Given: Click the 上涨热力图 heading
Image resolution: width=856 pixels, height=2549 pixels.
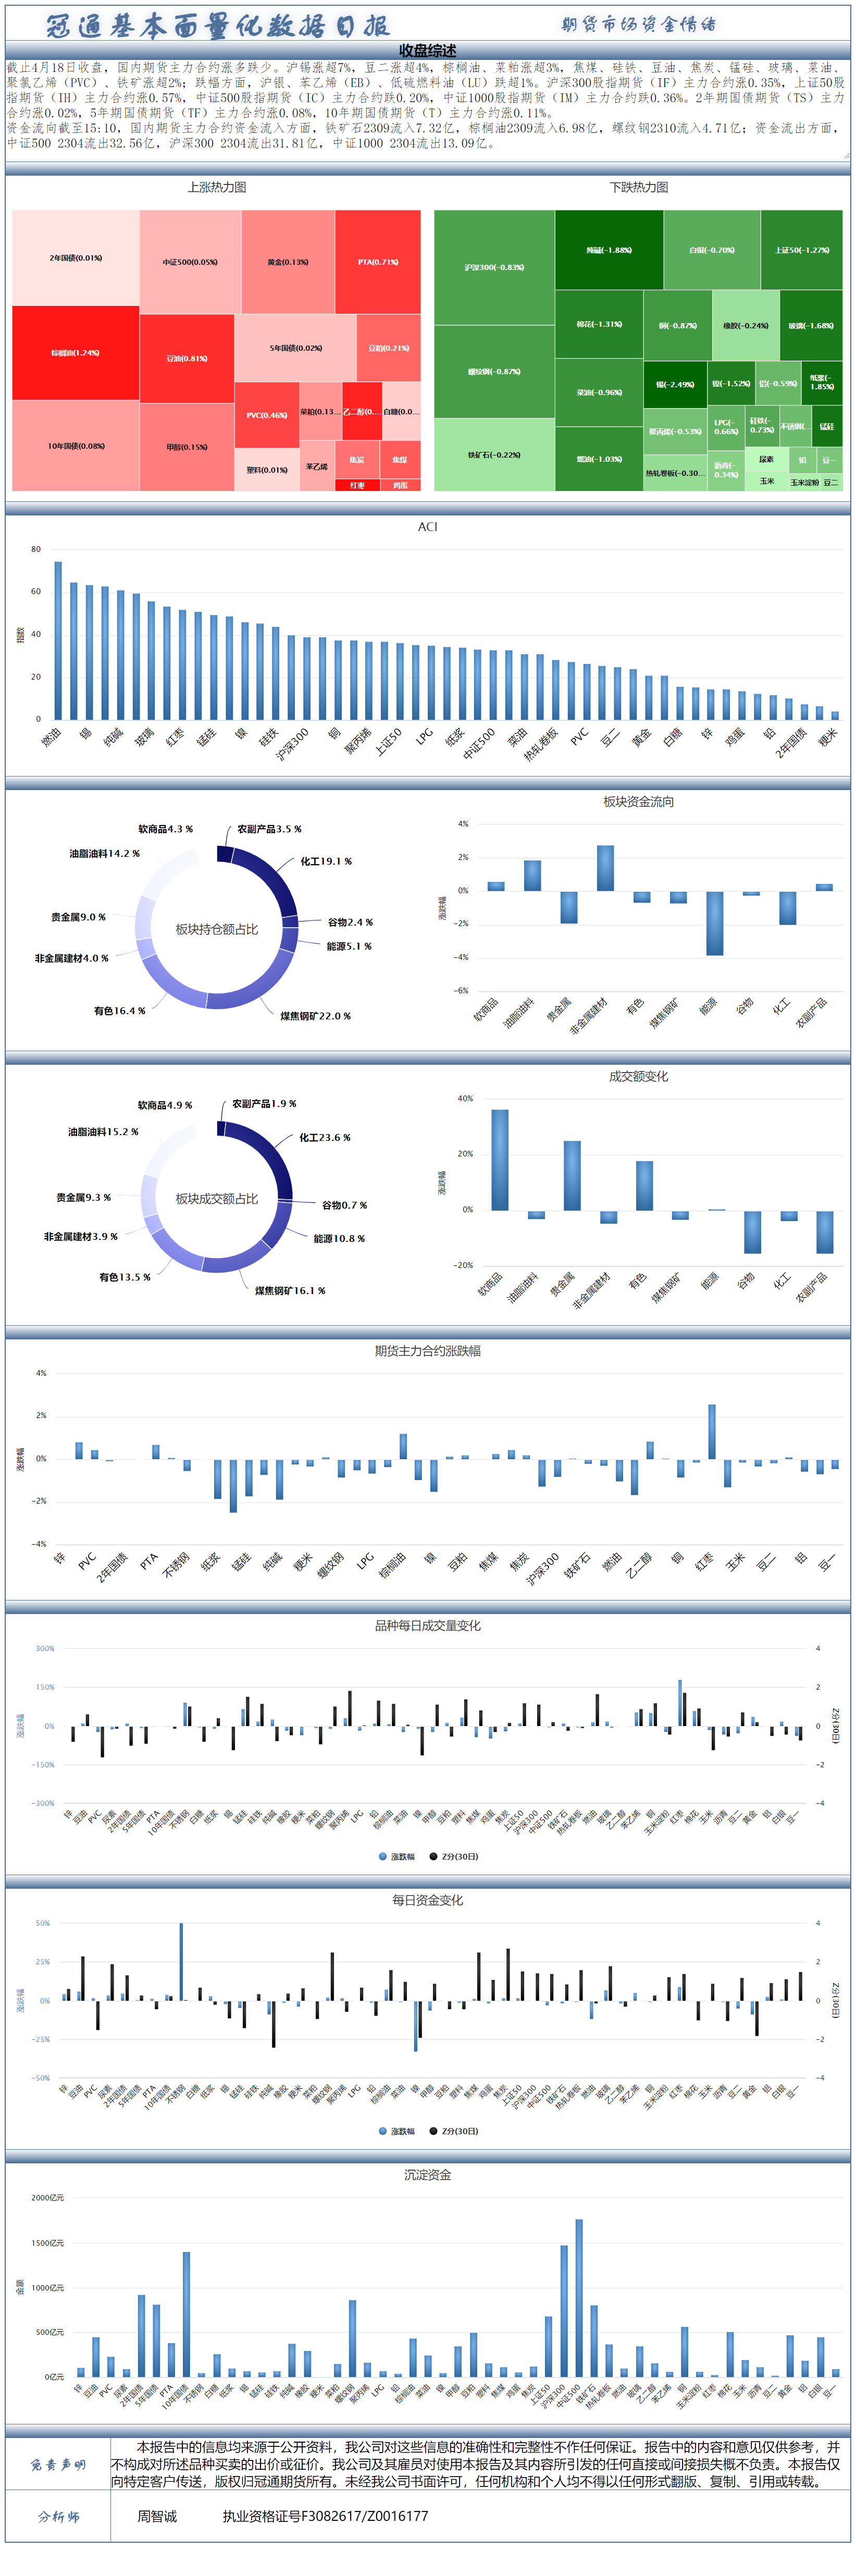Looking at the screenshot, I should tap(217, 187).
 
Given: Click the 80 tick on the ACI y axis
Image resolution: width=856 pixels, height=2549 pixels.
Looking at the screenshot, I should tap(35, 549).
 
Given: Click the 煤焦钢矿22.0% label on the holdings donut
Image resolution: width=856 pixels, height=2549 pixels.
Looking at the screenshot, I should tap(315, 1016).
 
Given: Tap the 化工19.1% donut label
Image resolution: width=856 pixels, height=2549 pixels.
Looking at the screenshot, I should tap(326, 862).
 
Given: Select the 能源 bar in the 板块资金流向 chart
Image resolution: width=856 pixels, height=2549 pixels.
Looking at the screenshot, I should tap(714, 923).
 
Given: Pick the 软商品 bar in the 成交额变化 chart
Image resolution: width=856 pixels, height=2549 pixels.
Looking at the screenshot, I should tap(500, 1160).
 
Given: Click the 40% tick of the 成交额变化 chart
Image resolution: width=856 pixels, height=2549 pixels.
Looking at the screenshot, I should tap(464, 1099).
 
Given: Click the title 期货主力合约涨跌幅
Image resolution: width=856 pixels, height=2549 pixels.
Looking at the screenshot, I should tap(428, 1351).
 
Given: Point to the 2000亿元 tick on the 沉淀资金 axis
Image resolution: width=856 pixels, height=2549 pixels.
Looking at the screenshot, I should tap(46, 2198).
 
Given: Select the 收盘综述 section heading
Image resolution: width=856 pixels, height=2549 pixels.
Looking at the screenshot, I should tap(428, 51).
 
